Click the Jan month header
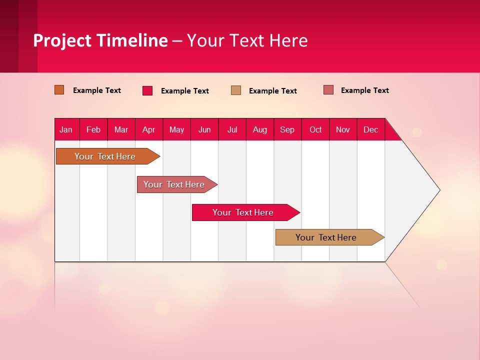[66, 129]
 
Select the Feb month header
[93, 129]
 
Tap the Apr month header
[149, 129]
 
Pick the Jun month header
[204, 129]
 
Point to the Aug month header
[260, 129]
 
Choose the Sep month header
[287, 129]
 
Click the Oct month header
[315, 129]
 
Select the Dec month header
[371, 129]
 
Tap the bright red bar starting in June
[243, 212]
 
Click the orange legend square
[59, 90]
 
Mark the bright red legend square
[147, 90]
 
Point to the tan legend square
[236, 90]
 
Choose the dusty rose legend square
[328, 90]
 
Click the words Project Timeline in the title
[100, 40]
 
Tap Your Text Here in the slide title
[247, 40]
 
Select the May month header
[176, 129]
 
